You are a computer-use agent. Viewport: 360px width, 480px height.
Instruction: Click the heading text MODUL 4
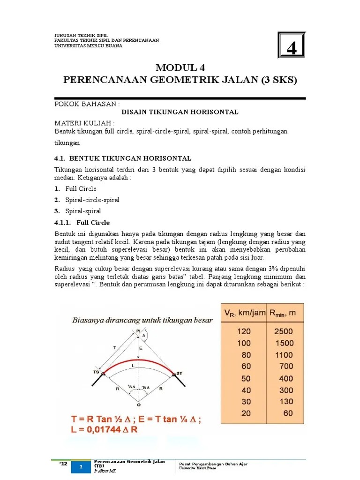click(x=180, y=67)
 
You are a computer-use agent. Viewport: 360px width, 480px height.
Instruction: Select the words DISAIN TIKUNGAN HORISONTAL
click(x=180, y=112)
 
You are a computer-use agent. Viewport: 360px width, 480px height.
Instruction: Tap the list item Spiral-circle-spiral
click(x=92, y=200)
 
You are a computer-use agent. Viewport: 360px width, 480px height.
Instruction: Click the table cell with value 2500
click(x=283, y=331)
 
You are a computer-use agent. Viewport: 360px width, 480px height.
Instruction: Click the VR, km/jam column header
click(x=244, y=313)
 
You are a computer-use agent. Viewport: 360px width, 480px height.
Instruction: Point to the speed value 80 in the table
click(x=246, y=355)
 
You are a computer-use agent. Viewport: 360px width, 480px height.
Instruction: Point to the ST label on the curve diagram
click(x=179, y=373)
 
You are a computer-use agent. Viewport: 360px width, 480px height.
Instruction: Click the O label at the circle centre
click(x=138, y=404)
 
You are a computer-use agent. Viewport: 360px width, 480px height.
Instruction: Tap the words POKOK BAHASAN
click(x=87, y=103)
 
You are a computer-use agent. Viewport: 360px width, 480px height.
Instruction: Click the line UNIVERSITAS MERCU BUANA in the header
click(x=89, y=46)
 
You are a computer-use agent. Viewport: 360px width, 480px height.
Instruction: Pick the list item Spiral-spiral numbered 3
click(x=83, y=211)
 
